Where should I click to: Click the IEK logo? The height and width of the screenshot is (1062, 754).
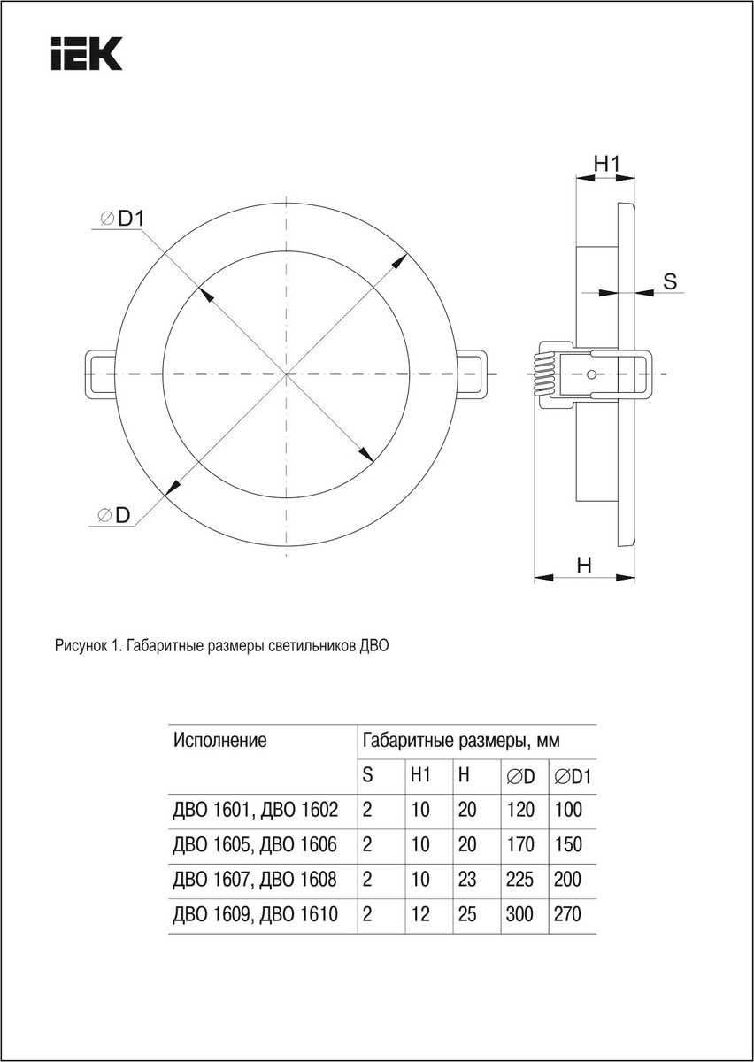(86, 53)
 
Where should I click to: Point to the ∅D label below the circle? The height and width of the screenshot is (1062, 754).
(115, 515)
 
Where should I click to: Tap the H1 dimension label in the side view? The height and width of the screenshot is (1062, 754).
(606, 163)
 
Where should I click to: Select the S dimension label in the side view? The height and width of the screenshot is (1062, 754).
(670, 281)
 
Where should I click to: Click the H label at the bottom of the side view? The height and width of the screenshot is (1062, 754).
(584, 565)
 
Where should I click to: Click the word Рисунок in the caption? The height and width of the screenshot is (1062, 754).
(80, 647)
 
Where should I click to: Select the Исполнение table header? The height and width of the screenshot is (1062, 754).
(220, 741)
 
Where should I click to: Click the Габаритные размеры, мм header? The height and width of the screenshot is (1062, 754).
(460, 741)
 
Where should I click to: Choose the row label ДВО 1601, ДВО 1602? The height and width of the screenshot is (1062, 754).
(256, 809)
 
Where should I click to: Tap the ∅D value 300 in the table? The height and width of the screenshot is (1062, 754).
(519, 914)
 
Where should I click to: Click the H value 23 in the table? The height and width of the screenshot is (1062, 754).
(467, 880)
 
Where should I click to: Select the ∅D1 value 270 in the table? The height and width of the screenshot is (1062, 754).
(568, 914)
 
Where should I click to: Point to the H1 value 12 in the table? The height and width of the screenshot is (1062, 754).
(420, 914)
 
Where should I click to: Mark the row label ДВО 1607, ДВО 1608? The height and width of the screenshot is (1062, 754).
(256, 880)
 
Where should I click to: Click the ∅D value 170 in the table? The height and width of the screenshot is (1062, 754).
(519, 844)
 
